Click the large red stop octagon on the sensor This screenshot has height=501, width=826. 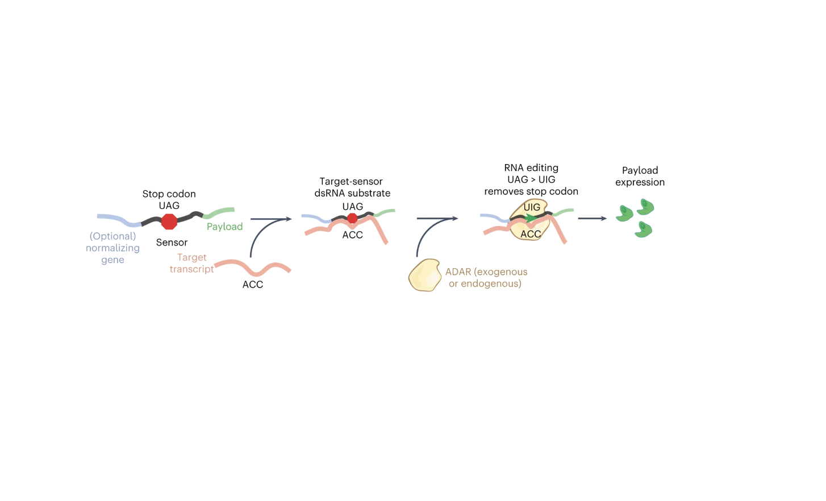point(169,222)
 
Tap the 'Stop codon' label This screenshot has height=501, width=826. point(169,194)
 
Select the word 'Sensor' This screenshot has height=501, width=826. point(172,243)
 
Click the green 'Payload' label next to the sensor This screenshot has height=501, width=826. point(224,227)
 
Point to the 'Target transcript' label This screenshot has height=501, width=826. point(191,263)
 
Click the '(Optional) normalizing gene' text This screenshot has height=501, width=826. point(112,248)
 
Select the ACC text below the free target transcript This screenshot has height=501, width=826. point(253,285)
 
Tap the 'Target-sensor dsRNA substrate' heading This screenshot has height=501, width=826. point(352,187)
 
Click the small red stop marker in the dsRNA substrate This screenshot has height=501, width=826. point(352,219)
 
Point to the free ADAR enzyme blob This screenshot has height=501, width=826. point(424,275)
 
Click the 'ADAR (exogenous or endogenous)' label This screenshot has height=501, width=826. point(486,278)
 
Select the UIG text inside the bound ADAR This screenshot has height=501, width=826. point(532,207)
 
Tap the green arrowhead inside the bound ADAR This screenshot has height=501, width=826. point(531,218)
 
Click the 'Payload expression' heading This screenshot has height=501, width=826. point(640,176)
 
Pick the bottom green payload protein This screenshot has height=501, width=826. point(643,229)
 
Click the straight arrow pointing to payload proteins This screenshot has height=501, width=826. point(592,219)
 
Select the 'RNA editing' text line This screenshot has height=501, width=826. point(531,168)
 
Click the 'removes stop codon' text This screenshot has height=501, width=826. point(531,191)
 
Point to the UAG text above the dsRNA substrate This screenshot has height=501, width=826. point(352,207)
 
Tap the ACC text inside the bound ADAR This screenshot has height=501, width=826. point(531,234)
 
